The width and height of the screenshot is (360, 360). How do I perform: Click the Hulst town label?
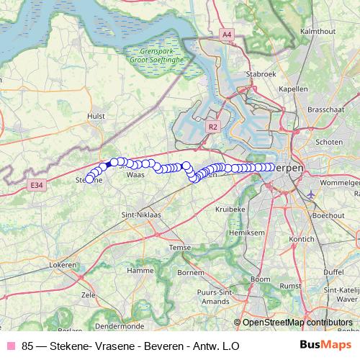pos(96,114)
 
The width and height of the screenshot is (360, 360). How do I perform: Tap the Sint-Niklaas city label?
pos(140,215)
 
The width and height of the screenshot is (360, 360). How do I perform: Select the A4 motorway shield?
pos(227,33)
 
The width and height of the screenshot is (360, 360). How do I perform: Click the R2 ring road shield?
pos(212,126)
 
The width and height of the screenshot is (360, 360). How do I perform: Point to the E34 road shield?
pos(37,185)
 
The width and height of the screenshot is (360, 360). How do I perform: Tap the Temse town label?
pos(179,247)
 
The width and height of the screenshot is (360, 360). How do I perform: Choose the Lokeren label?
pos(63,265)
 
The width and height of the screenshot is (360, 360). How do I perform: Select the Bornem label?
pos(190,273)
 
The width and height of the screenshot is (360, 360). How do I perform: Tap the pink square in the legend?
pos(11,346)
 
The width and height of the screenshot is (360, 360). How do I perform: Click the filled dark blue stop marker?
pos(108,165)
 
